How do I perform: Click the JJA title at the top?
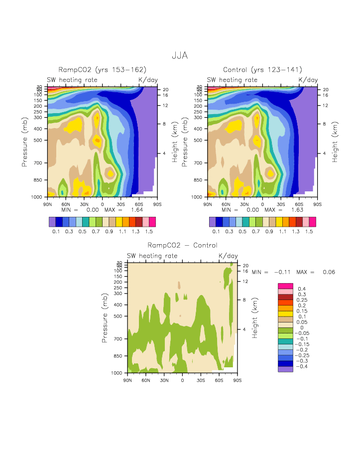[180, 55]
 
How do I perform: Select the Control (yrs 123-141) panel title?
[262, 70]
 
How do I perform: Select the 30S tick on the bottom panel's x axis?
[201, 380]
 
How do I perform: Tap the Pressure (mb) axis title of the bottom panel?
[105, 317]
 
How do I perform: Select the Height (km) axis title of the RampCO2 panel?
[175, 142]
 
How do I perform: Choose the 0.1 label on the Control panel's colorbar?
[216, 232]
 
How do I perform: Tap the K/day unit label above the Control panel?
[308, 80]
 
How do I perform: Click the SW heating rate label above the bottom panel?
[152, 256]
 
